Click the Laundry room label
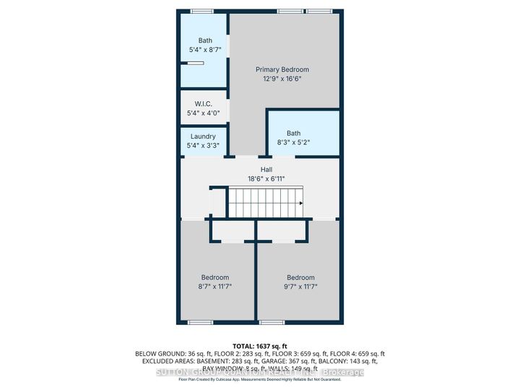[x=203, y=136]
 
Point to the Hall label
[x=256, y=170]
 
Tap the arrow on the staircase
[x=299, y=203]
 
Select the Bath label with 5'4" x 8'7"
[x=206, y=41]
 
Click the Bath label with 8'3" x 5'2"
[x=293, y=133]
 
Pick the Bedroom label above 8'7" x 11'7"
[x=215, y=277]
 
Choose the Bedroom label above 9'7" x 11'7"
[x=300, y=277]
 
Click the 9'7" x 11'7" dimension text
[x=300, y=287]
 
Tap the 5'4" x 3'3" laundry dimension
[x=203, y=145]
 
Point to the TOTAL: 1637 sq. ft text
[x=260, y=346]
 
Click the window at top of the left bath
[x=201, y=11]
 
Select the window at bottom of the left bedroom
[x=200, y=321]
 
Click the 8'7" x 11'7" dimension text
[x=215, y=287]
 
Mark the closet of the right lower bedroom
[x=283, y=232]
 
